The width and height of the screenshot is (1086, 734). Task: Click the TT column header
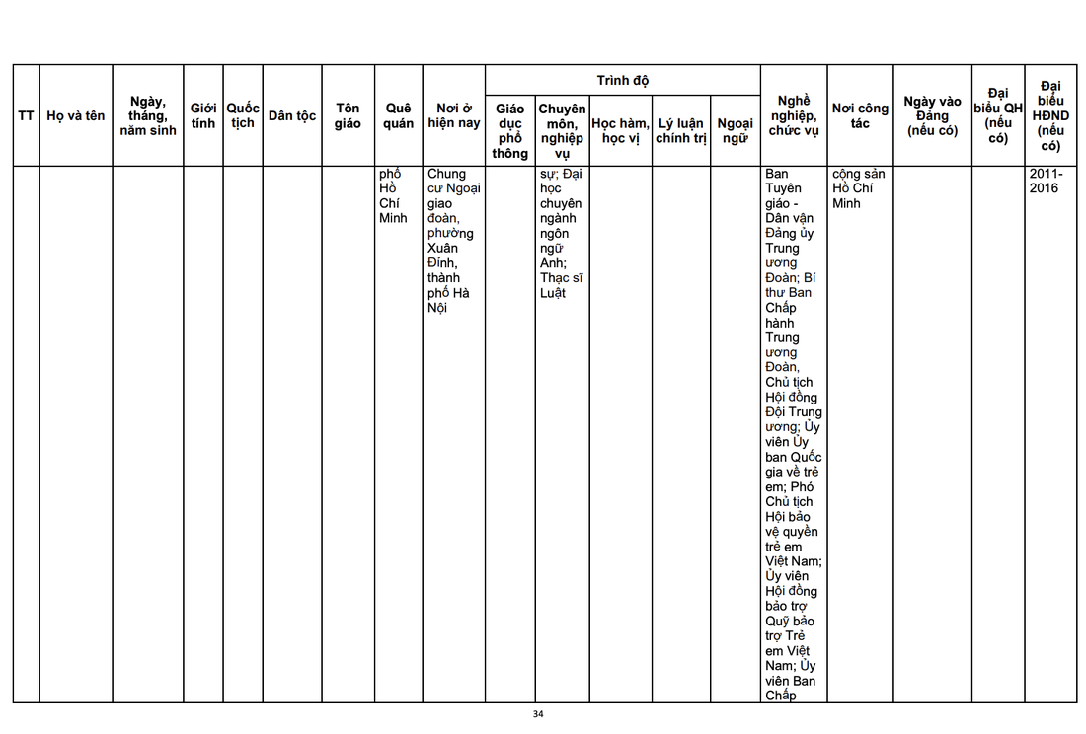point(26,115)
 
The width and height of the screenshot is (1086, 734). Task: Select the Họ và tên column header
point(76,115)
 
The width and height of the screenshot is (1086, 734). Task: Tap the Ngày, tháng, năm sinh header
point(148,115)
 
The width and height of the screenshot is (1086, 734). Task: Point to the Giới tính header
point(203,115)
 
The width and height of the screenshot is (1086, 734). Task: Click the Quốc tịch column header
point(243,115)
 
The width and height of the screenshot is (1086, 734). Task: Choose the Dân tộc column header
point(292,115)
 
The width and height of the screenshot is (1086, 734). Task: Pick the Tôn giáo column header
point(348,115)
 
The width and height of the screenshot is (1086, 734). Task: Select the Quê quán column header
point(399,115)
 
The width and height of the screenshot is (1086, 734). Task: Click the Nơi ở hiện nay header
point(454,115)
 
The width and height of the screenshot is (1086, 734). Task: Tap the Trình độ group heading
point(622,80)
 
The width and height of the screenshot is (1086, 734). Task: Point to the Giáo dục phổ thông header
point(510,130)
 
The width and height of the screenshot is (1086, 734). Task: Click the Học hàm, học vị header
point(621,130)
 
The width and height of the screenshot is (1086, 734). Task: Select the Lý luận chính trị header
point(681,130)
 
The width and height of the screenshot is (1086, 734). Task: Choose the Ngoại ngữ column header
point(736,130)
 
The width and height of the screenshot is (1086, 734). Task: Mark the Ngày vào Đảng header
point(932,115)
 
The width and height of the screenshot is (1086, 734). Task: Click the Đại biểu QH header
point(998,115)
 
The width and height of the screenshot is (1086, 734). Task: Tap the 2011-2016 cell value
point(1044,181)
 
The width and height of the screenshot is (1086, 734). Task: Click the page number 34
point(538,714)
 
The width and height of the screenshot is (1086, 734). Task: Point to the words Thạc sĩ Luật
point(561,285)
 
